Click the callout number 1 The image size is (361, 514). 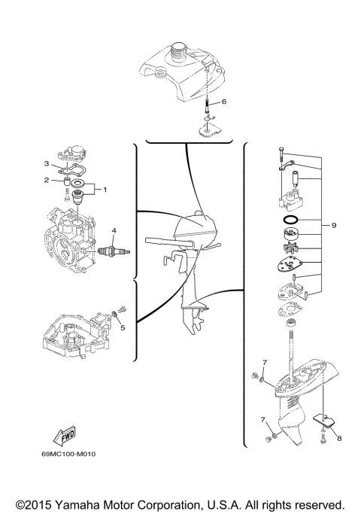click(105, 189)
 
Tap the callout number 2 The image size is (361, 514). click(46, 181)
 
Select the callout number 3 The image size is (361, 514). click(46, 163)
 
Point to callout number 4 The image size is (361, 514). click(114, 230)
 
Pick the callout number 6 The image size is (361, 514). click(223, 101)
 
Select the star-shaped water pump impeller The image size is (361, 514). click(287, 248)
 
